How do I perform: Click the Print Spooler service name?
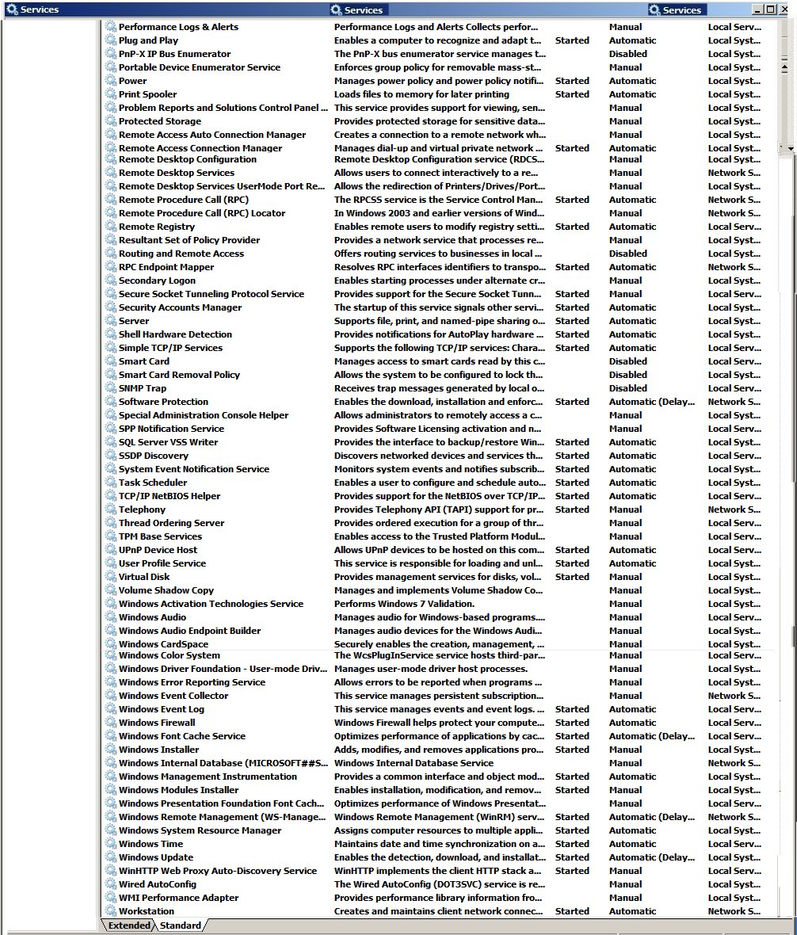(x=147, y=94)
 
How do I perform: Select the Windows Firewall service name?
(x=157, y=723)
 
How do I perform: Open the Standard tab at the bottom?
(x=181, y=925)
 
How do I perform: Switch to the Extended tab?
(x=129, y=925)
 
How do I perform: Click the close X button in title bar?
(x=784, y=10)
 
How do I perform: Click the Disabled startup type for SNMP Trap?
(x=627, y=388)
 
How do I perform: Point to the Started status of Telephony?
(x=572, y=509)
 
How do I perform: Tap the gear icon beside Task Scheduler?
(x=111, y=483)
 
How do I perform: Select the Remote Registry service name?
(x=156, y=227)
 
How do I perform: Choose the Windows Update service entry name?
(x=155, y=857)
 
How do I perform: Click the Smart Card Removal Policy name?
(x=179, y=375)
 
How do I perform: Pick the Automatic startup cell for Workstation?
(x=632, y=911)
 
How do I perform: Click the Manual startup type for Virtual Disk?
(x=625, y=577)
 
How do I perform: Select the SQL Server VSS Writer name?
(x=168, y=442)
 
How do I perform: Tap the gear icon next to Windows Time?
(x=111, y=844)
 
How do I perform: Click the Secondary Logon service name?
(x=157, y=280)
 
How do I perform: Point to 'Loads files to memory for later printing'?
(x=419, y=94)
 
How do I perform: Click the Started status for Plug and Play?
(x=572, y=40)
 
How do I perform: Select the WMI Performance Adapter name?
(x=178, y=898)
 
